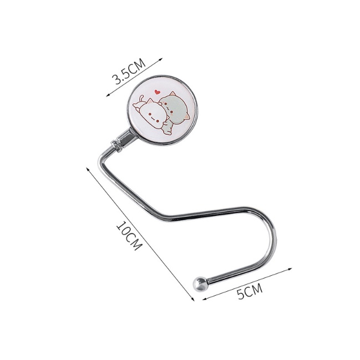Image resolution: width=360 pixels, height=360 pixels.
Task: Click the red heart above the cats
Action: point(158,92)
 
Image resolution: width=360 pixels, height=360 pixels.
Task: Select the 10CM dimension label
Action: point(128,236)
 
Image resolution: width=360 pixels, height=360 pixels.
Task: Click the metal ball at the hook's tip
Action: point(200,284)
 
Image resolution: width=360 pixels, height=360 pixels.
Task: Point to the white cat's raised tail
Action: point(141,98)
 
